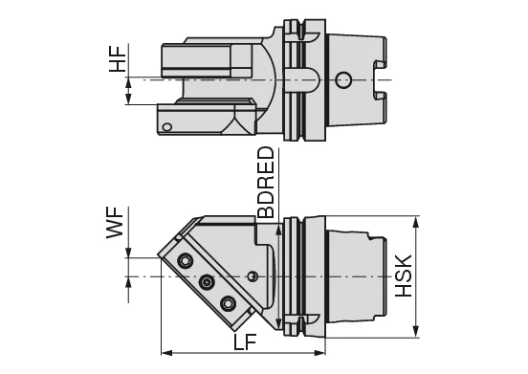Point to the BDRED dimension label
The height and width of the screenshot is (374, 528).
tap(265, 183)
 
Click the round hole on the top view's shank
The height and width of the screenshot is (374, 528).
tap(345, 78)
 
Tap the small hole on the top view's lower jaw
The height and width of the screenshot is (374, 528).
tap(167, 126)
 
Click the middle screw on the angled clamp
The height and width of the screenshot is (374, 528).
tap(206, 282)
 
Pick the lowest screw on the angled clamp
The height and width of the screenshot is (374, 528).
tap(227, 303)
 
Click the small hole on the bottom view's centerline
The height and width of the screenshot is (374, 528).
tap(252, 276)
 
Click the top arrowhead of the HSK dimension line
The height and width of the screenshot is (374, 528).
tap(416, 222)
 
